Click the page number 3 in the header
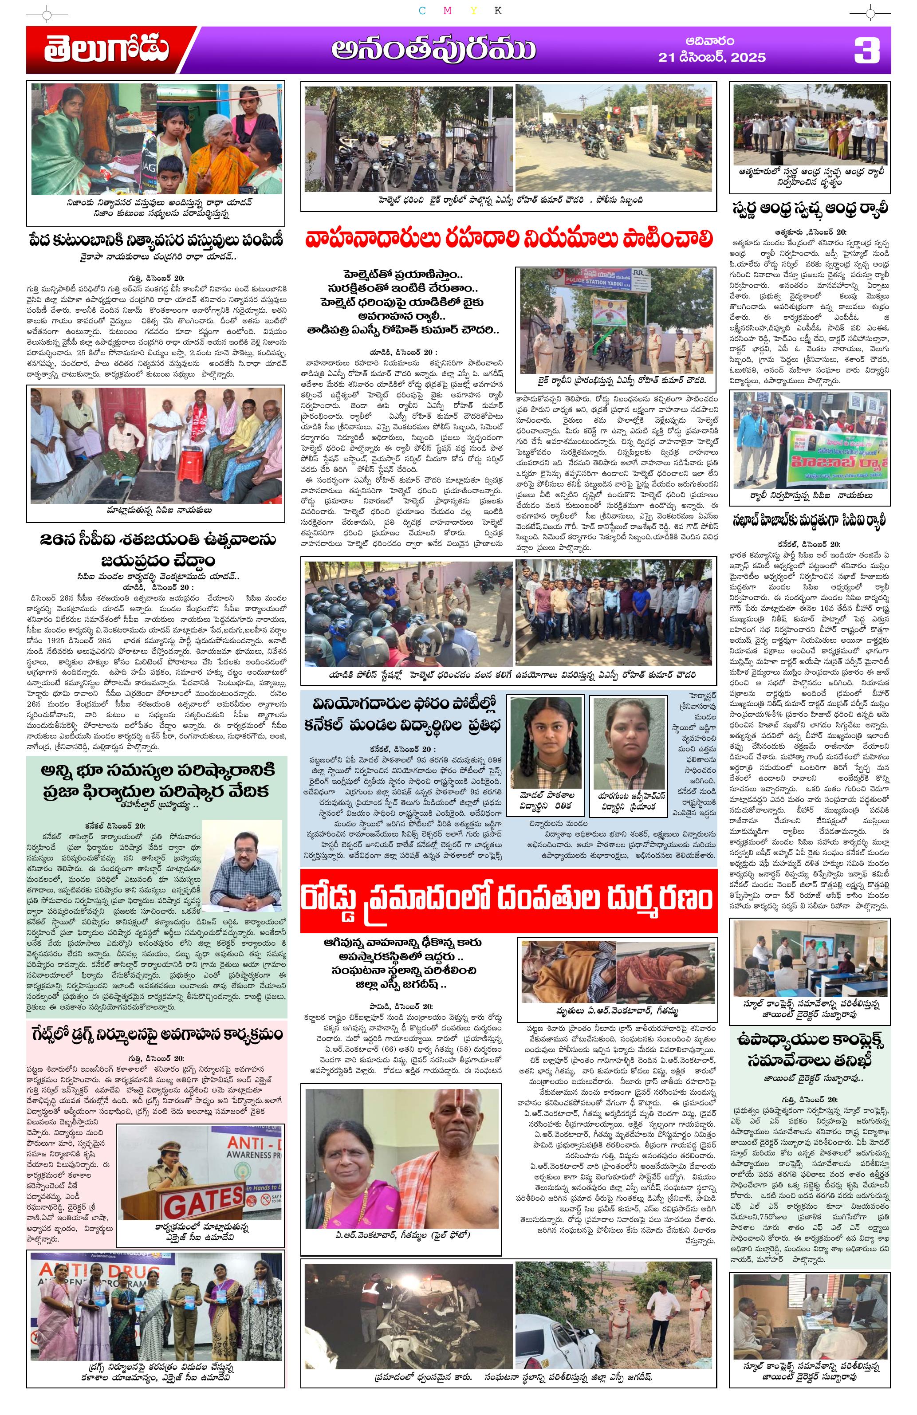coord(866,50)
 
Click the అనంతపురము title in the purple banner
coord(433,51)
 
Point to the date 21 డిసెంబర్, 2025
coord(712,58)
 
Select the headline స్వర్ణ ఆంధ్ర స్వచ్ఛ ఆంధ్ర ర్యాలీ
coord(811,209)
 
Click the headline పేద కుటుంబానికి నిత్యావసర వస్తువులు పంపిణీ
coord(156,241)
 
